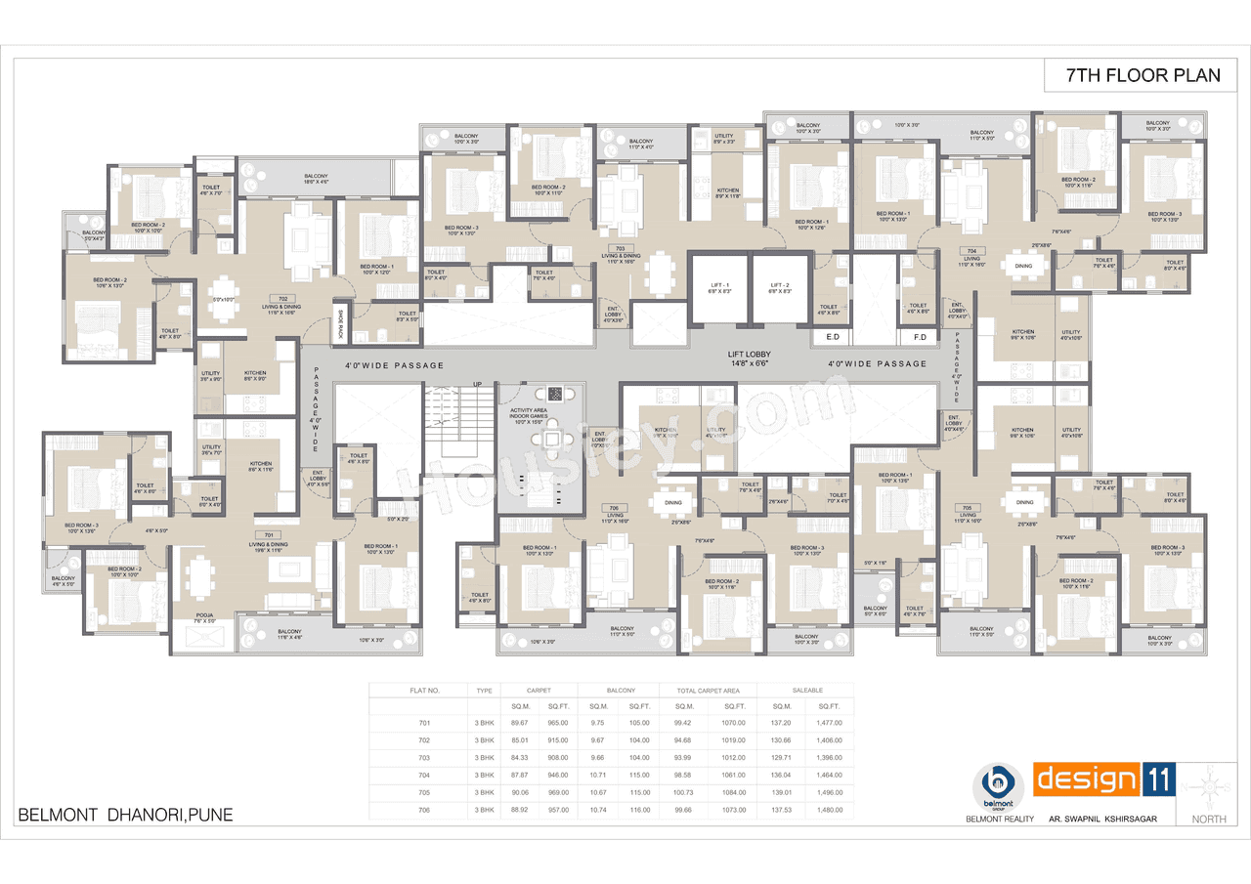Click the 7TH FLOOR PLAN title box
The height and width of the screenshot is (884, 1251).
(1142, 75)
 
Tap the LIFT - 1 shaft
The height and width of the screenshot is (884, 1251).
(718, 290)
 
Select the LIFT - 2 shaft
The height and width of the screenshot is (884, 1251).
(779, 290)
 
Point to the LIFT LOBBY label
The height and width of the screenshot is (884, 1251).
(750, 359)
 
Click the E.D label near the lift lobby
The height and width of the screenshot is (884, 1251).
(833, 337)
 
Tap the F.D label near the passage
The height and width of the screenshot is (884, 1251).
(919, 337)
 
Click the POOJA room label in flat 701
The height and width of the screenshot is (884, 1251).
(203, 617)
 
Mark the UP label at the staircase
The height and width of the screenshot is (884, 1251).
(477, 383)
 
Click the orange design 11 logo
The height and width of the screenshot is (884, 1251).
(1103, 780)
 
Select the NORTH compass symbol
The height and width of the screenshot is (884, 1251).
(1210, 787)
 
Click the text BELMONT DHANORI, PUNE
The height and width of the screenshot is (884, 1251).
(126, 815)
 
